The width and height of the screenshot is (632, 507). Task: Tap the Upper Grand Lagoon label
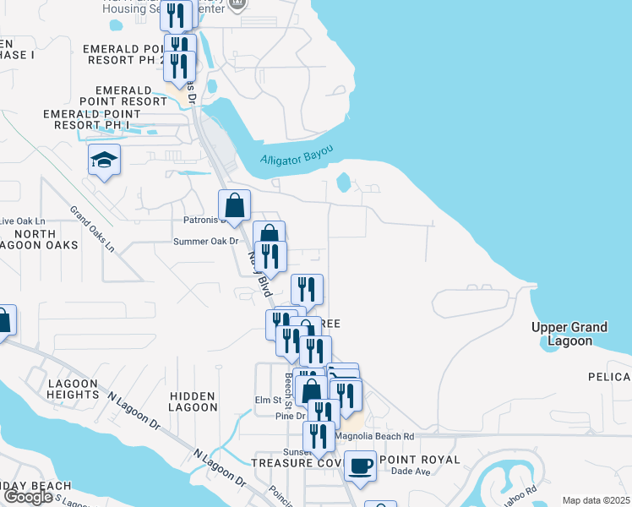pyautogui.click(x=569, y=334)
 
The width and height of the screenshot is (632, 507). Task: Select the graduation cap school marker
pyautogui.click(x=104, y=160)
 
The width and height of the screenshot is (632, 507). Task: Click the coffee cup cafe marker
pyautogui.click(x=360, y=466)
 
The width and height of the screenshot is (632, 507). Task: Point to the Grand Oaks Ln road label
pyautogui.click(x=92, y=228)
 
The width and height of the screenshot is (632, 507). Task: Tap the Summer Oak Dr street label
pyautogui.click(x=206, y=242)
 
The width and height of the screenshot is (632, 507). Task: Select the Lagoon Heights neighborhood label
pyautogui.click(x=74, y=389)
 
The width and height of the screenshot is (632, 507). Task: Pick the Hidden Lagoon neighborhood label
pyautogui.click(x=193, y=401)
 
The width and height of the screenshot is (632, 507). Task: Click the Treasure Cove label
pyautogui.click(x=296, y=461)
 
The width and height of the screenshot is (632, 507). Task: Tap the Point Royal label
pyautogui.click(x=419, y=460)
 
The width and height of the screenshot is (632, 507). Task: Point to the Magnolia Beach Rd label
pyautogui.click(x=375, y=437)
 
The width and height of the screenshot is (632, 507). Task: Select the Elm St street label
pyautogui.click(x=268, y=400)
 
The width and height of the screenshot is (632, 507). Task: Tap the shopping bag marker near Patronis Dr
pyautogui.click(x=234, y=205)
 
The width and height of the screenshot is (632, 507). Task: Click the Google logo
pyautogui.click(x=28, y=497)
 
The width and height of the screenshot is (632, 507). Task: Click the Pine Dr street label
pyautogui.click(x=289, y=415)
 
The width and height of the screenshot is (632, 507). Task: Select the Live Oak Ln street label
pyautogui.click(x=22, y=221)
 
